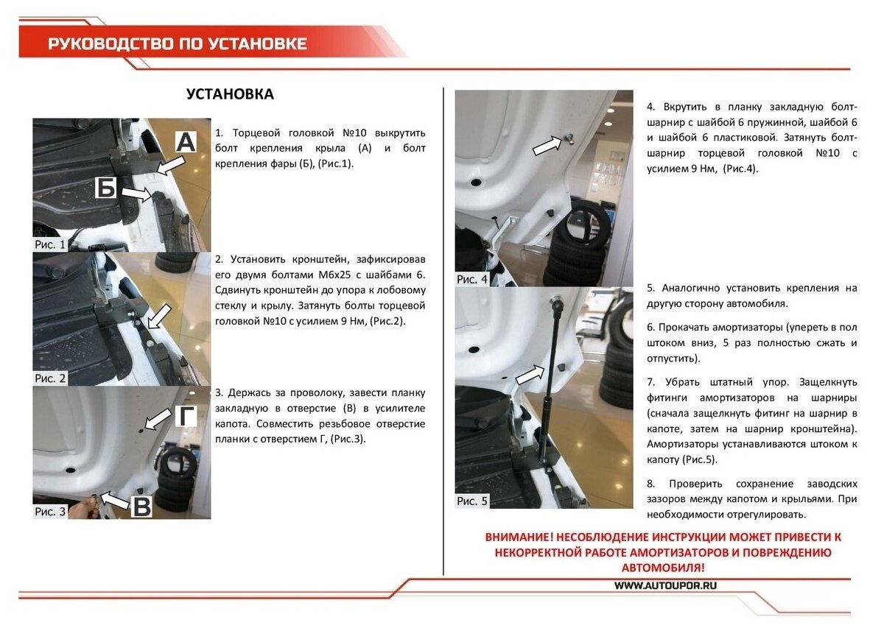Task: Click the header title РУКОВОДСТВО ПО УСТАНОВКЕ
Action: point(178,43)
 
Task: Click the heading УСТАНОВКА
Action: point(230,94)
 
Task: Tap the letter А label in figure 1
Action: point(186,142)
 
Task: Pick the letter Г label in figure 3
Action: point(188,417)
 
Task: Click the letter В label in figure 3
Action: point(142,506)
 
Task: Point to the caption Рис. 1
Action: point(50,244)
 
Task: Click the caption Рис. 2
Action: point(50,378)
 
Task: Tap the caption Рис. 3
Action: point(50,511)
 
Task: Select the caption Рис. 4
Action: point(472,279)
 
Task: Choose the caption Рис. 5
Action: point(472,501)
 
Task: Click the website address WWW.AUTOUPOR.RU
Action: point(665,585)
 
